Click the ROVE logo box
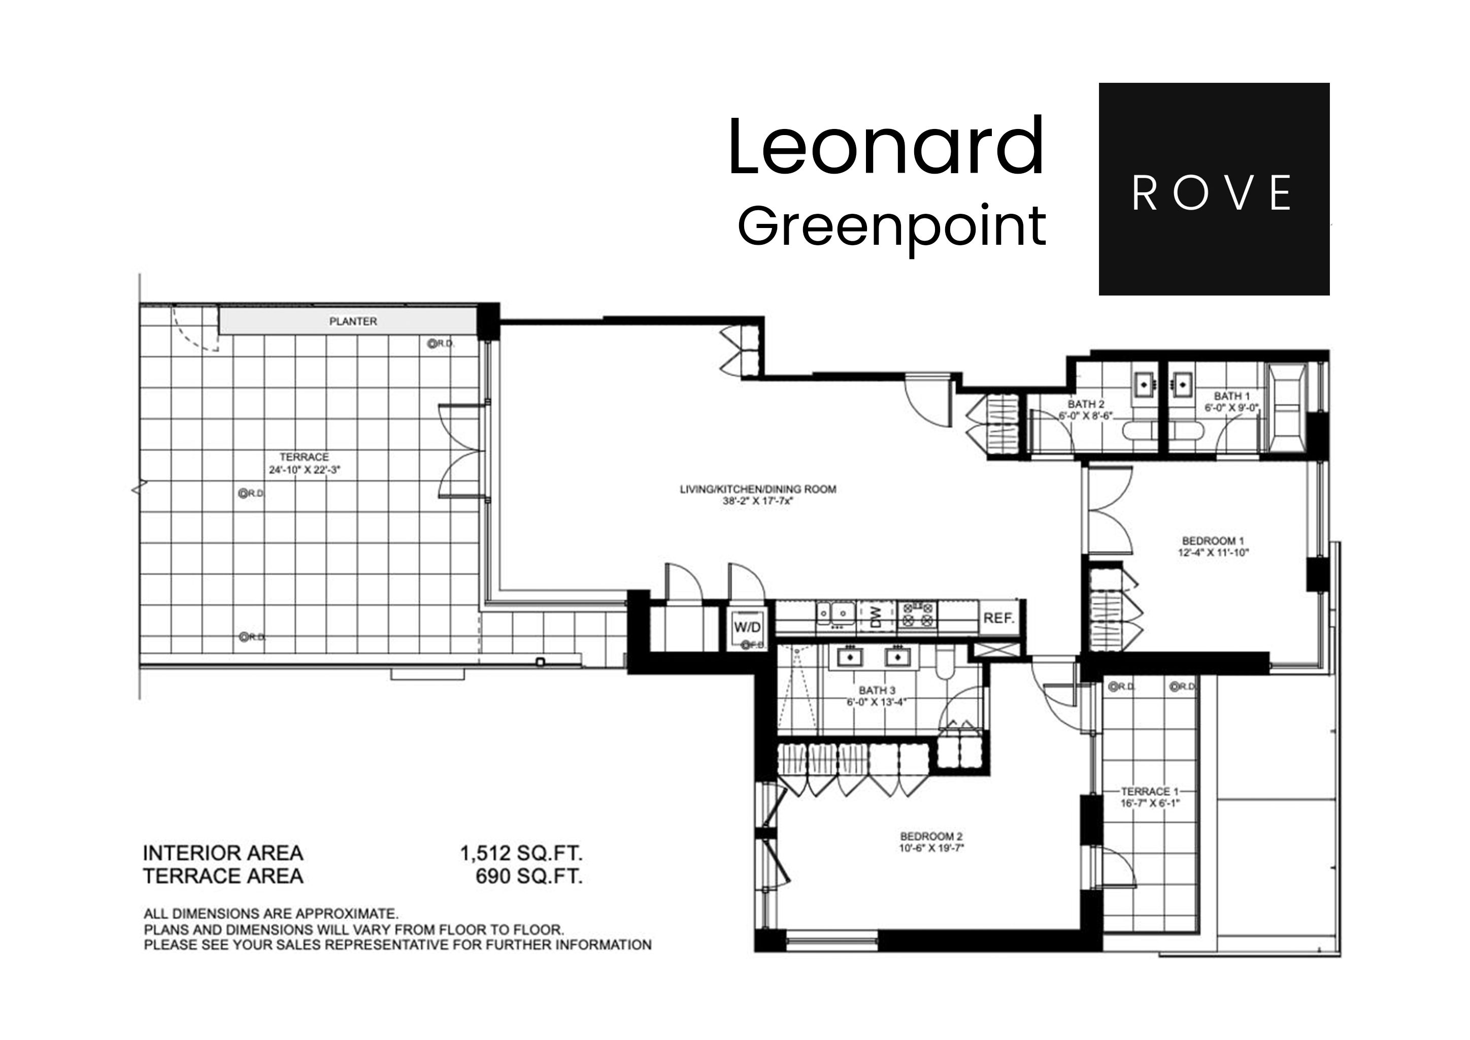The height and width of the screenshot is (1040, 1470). point(1213,189)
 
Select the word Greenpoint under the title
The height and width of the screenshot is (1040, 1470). point(892,226)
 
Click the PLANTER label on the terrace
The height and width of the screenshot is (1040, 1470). point(353,321)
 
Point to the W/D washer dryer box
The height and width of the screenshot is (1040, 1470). point(747,627)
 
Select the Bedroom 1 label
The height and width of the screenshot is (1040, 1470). point(1213,540)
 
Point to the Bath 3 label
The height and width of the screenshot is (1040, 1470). point(877,690)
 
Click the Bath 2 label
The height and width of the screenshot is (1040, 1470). point(1086,404)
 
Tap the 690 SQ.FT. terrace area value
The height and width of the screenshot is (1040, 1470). point(529,876)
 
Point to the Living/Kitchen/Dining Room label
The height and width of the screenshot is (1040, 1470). point(758,489)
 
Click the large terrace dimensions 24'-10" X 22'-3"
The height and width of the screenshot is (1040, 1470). point(304,469)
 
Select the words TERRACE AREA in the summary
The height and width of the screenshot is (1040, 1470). point(223,876)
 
